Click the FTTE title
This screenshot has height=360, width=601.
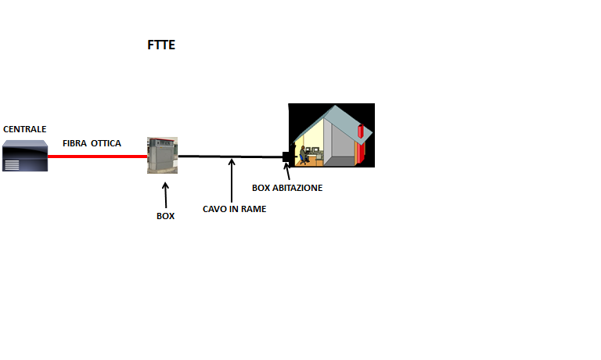pos(161,45)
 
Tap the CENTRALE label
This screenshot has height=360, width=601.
pos(25,129)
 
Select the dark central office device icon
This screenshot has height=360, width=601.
pos(24,155)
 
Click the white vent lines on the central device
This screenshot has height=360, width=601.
pos(13,164)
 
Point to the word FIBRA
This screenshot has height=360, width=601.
pos(75,144)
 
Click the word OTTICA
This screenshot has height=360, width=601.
pos(106,144)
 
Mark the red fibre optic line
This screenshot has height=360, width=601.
pos(97,156)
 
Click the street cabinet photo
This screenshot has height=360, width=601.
pos(162,155)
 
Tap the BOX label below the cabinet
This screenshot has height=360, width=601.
pos(165,216)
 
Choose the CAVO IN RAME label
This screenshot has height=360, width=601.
pos(234,209)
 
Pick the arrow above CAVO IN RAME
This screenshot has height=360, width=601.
pos(232,180)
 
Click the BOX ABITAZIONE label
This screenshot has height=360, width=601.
pos(287,188)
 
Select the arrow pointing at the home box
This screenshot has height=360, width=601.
pos(288,171)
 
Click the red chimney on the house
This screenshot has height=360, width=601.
pos(360,141)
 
